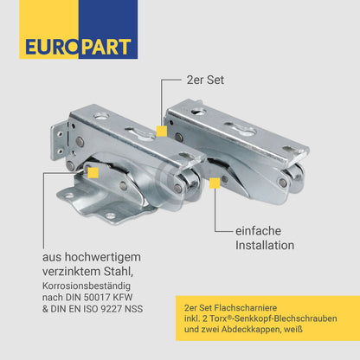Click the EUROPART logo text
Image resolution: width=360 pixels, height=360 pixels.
pos(79,47)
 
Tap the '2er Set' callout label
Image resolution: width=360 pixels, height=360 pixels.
pos(205,80)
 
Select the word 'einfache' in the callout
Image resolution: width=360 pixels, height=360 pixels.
pos(258,231)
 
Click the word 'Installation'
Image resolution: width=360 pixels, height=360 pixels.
pos(265,245)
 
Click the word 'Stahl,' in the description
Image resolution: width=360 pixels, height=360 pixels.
pos(119,271)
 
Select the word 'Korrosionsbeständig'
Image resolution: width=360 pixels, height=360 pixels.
pos(87,286)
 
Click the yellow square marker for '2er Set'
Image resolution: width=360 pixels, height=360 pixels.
pos(162,131)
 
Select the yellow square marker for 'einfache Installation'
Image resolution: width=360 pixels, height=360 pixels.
pos(215,183)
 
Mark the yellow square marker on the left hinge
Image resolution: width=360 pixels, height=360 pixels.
pos(93,173)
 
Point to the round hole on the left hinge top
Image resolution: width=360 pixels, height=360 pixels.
pos(101,117)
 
